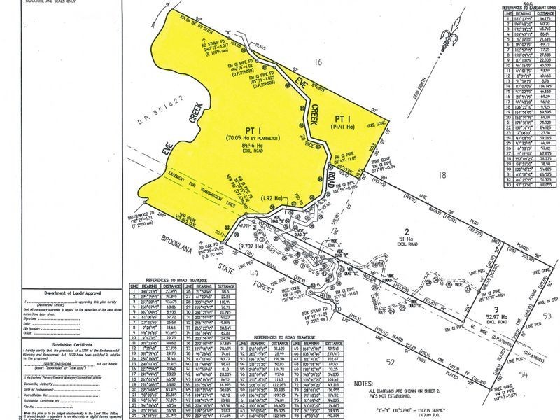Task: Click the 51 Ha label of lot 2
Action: (x=405, y=238)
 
